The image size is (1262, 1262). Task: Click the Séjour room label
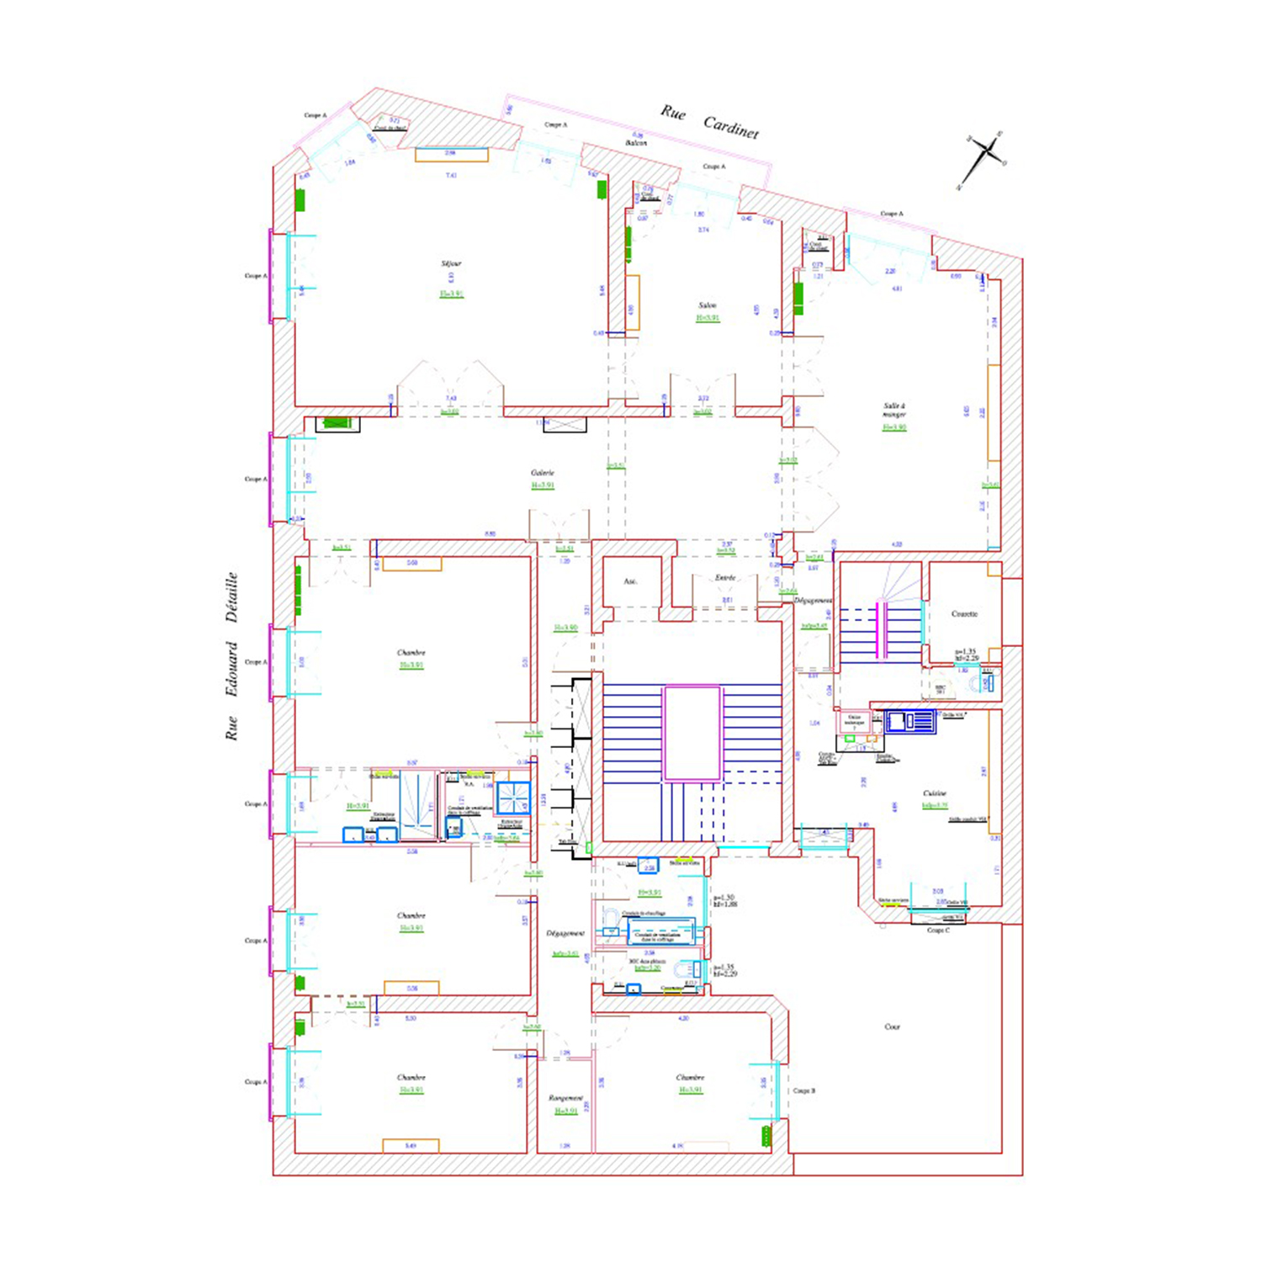click(x=451, y=263)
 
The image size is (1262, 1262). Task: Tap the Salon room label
click(x=708, y=305)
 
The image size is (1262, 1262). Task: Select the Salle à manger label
click(x=893, y=410)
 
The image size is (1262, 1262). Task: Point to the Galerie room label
click(x=543, y=473)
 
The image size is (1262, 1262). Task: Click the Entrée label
click(x=725, y=578)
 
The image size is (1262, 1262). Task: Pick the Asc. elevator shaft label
click(x=631, y=581)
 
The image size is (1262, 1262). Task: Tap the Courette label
click(x=964, y=614)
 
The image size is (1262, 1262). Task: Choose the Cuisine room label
click(x=934, y=793)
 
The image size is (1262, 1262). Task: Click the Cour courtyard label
click(x=893, y=1026)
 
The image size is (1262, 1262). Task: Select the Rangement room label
click(x=565, y=1098)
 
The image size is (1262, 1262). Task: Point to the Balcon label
click(x=636, y=143)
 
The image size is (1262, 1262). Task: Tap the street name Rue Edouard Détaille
click(x=231, y=656)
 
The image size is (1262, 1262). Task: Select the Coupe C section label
click(x=938, y=931)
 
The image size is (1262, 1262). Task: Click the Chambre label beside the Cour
click(x=690, y=1077)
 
